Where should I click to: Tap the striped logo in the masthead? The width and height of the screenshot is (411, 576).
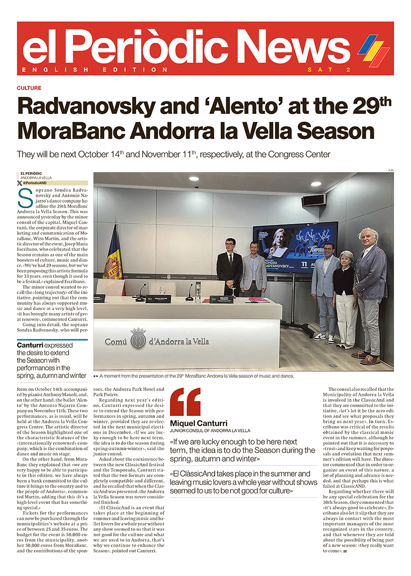373,49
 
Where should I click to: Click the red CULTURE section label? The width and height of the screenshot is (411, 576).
29,88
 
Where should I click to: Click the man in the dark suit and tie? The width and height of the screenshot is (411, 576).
229,266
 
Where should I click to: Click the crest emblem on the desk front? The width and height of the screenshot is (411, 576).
138,339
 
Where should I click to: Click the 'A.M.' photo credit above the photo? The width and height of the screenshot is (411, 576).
390,170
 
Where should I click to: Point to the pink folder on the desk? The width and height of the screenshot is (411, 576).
259,300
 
